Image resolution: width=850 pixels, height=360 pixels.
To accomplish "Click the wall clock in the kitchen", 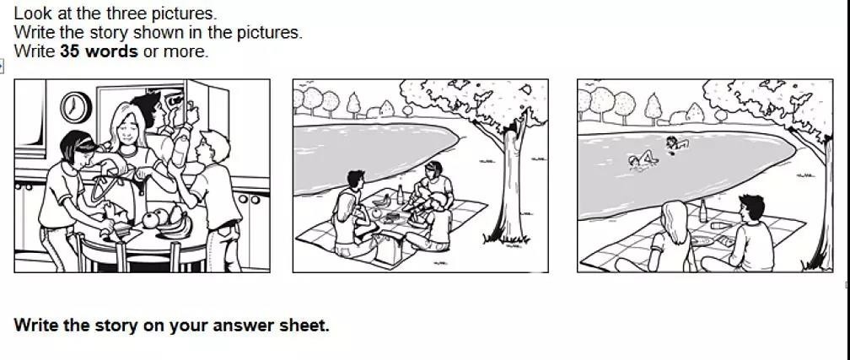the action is click(75, 107).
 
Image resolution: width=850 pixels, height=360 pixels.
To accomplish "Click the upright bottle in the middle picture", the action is click(401, 194).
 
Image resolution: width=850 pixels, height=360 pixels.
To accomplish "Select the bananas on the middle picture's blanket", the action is click(381, 201).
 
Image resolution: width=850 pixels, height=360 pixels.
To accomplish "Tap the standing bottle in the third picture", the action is click(703, 211).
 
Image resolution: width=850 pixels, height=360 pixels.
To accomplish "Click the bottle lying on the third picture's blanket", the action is click(721, 226).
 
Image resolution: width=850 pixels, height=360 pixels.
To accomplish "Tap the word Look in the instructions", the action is click(30, 13).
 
